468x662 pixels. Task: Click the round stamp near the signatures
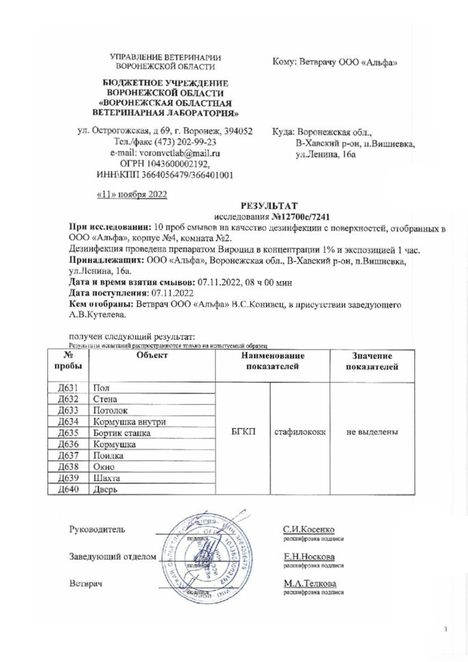(213, 558)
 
